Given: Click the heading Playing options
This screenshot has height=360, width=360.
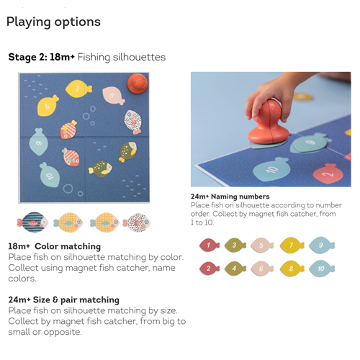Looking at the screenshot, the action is tap(53, 22).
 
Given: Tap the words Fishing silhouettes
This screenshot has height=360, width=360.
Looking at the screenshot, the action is tap(122, 58).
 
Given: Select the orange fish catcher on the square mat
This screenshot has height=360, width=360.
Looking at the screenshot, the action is tap(138, 83).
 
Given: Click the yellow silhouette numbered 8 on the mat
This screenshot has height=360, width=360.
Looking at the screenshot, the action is tap(48, 106).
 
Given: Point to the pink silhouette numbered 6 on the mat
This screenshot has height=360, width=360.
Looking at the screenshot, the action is tap(113, 96).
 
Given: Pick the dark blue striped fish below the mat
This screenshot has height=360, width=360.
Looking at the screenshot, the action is tap(32, 222).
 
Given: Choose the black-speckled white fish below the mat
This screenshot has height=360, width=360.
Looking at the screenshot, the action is tap(137, 222).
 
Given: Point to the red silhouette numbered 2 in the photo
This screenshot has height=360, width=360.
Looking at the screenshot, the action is tap(328, 174).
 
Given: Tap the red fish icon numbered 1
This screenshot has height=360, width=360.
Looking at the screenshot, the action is tap(210, 246).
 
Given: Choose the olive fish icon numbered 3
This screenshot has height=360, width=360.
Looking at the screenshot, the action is tap(235, 246).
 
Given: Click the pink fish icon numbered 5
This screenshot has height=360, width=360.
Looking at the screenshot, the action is tap(262, 246).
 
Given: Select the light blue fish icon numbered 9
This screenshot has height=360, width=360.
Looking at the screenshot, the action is tap(321, 246).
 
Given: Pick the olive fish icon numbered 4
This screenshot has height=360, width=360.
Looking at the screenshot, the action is tap(235, 269).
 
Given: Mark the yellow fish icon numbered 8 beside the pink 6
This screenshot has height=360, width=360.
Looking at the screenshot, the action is tap(292, 269).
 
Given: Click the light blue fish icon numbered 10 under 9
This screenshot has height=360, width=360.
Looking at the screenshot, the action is tap(321, 269).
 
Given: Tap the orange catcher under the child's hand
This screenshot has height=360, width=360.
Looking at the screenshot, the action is tap(268, 124).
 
